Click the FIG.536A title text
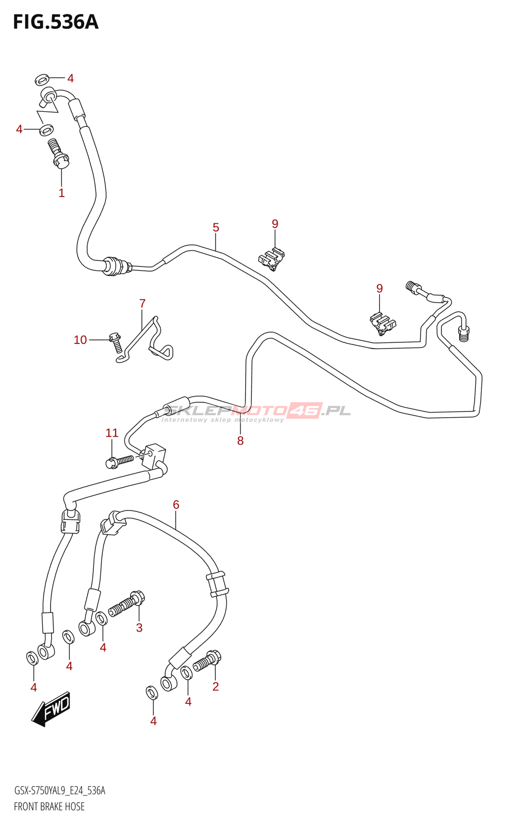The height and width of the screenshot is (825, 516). (55, 22)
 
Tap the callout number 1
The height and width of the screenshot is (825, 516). (61, 193)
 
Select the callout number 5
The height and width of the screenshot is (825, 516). (216, 227)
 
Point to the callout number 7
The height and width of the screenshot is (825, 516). (142, 304)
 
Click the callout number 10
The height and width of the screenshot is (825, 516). (80, 340)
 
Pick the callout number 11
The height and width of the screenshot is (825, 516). (112, 433)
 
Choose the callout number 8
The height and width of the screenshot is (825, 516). (240, 441)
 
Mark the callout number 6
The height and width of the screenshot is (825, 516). (176, 505)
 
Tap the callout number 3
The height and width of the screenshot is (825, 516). (139, 628)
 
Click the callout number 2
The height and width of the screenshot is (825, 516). (216, 686)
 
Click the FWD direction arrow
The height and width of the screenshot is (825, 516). (51, 708)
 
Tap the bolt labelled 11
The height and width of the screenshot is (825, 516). (120, 460)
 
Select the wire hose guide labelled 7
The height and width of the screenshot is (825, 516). (147, 340)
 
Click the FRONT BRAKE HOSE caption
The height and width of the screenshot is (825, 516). (49, 806)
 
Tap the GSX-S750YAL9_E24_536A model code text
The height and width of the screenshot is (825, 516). (59, 791)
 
